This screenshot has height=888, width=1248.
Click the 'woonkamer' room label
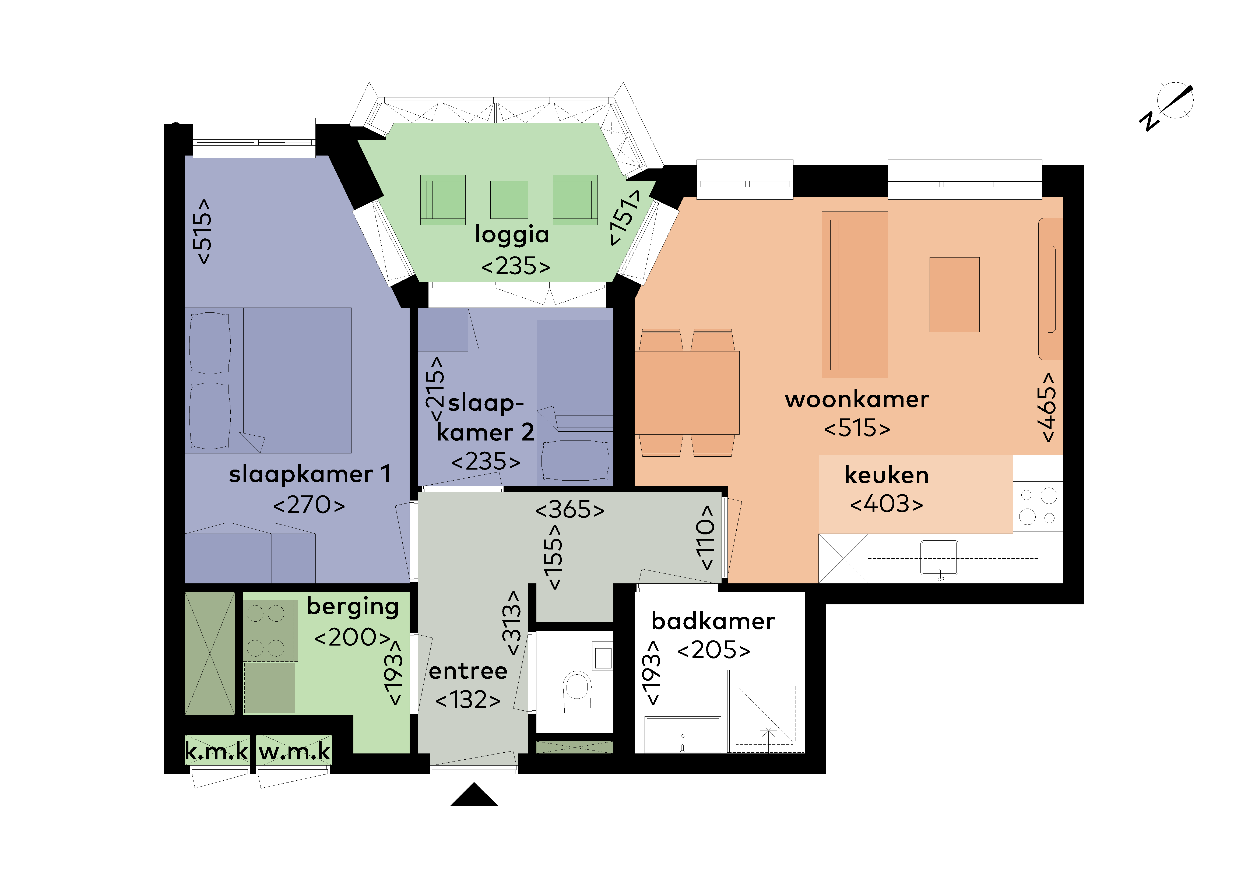[x=857, y=400]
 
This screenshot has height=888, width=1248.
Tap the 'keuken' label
[x=887, y=475]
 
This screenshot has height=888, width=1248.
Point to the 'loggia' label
[x=512, y=235]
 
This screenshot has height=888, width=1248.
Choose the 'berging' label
[x=353, y=607]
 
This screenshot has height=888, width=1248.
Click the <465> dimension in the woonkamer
[x=1048, y=407]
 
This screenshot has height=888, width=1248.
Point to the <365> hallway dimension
[x=570, y=510]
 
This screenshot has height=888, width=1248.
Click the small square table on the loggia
[x=509, y=200]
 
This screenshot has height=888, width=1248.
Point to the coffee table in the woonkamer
[x=954, y=295]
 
